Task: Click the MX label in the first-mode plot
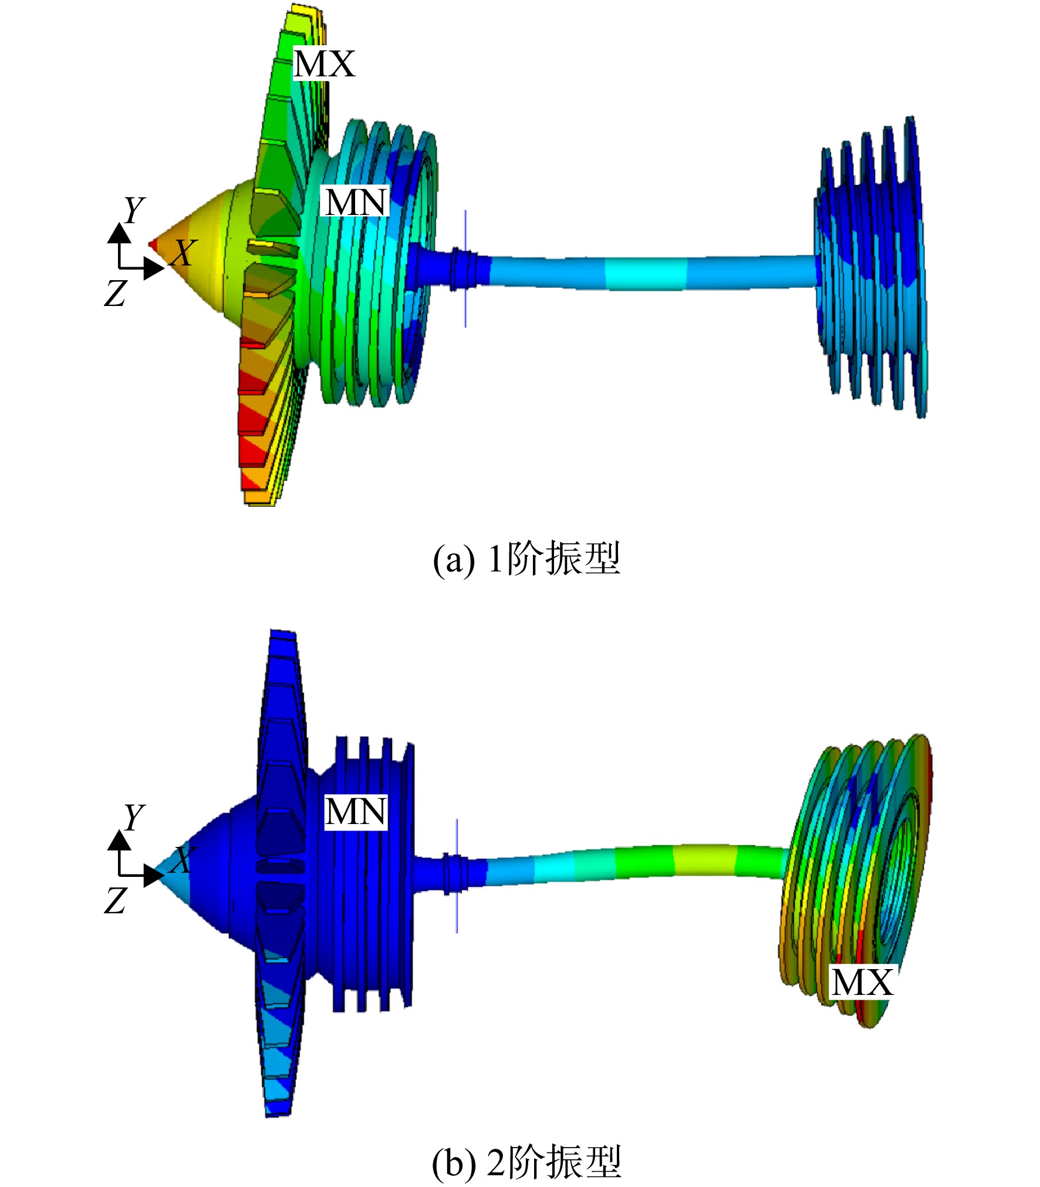point(324,63)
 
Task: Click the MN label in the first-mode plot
point(356,201)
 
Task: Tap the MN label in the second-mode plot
point(356,812)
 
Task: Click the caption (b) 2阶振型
point(526,1161)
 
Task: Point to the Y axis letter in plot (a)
point(134,209)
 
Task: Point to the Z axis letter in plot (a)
point(116,292)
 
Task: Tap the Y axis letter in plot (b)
point(134,817)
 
